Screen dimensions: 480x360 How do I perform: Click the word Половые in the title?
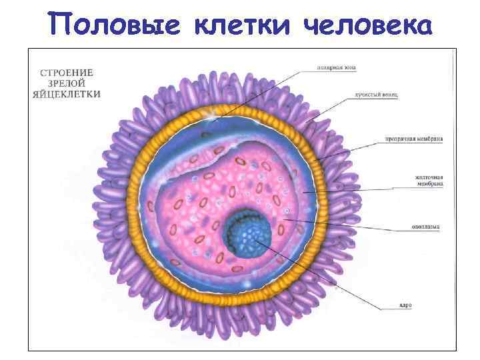116,25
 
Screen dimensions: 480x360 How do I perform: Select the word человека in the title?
366,25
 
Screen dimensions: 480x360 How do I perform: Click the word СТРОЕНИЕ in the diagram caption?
67,71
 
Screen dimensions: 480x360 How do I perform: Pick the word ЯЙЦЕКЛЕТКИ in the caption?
67,94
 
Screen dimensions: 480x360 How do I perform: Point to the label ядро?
406,305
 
